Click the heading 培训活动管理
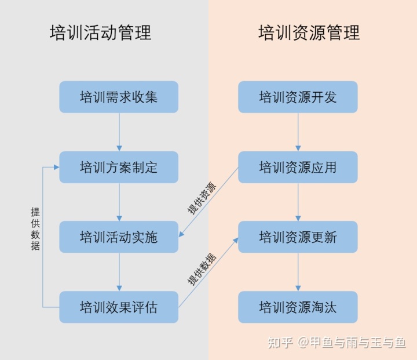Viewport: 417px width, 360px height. pos(101,32)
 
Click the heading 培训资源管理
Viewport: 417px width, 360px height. pos(309,32)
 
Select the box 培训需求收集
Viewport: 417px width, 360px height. pos(119,97)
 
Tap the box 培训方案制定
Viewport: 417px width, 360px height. pos(119,167)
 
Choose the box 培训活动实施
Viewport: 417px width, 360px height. pos(119,237)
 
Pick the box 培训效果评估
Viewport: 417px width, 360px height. pos(119,307)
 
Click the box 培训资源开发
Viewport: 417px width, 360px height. pos(298,97)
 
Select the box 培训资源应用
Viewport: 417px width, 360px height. pos(298,167)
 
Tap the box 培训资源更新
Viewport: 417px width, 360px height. pos(298,237)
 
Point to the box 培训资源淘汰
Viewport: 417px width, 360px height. pos(298,307)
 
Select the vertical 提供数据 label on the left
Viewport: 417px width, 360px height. pos(35,229)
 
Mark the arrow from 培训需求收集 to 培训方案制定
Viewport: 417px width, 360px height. pos(119,132)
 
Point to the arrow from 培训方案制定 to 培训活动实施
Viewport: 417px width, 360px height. pos(119,202)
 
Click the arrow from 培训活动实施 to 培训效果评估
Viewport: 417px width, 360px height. pos(119,272)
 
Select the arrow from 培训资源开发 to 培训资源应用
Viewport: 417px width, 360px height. pos(298,132)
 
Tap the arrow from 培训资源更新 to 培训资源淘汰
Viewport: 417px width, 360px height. pos(298,272)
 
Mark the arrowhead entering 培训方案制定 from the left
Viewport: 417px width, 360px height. pos(56,167)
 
